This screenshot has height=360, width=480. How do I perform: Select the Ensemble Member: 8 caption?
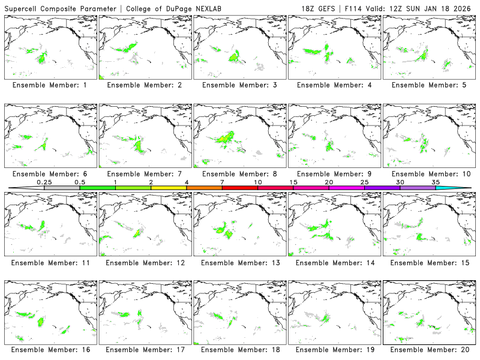(240, 174)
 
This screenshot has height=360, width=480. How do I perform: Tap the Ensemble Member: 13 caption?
(240, 263)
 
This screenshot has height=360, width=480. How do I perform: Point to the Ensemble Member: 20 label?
(429, 349)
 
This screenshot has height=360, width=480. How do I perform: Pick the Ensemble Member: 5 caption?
(429, 85)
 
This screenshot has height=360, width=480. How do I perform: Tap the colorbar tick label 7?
(222, 182)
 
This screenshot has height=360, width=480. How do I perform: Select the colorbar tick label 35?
(436, 182)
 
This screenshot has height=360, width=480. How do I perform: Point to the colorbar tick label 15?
(293, 182)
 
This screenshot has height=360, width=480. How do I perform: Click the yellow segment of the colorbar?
(169, 188)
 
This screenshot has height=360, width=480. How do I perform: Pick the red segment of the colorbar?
(240, 188)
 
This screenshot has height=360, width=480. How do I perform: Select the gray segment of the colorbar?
(62, 188)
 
